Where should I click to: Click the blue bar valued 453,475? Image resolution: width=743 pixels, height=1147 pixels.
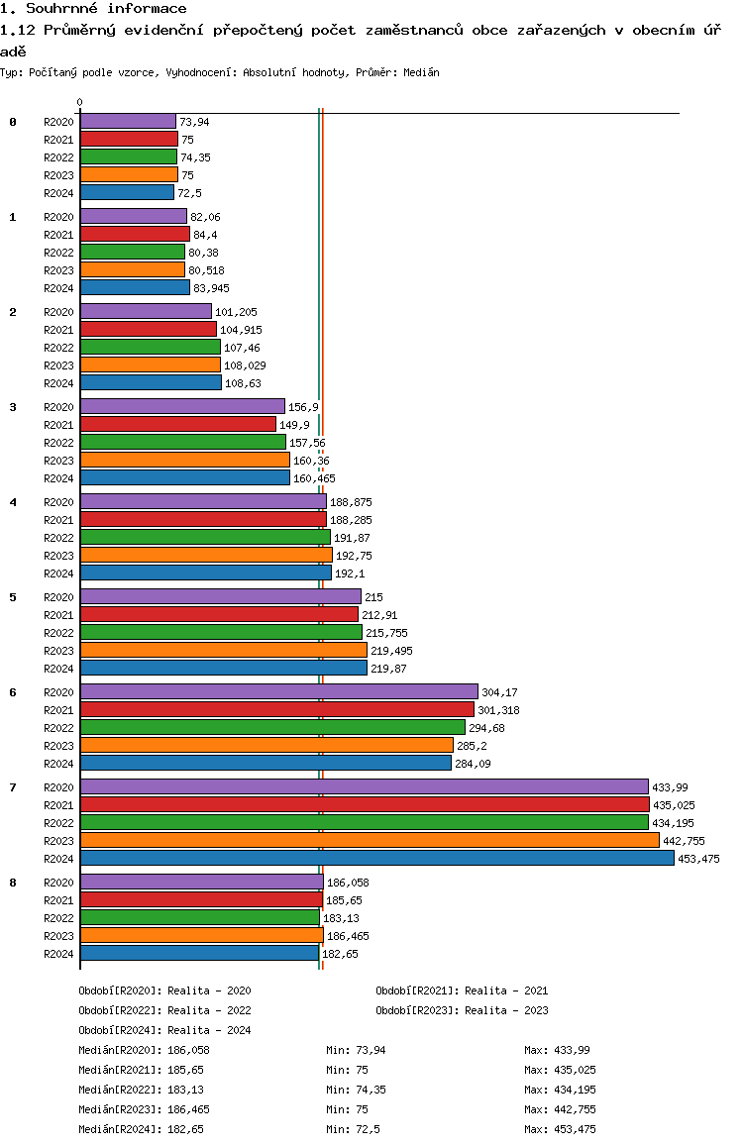(x=376, y=858)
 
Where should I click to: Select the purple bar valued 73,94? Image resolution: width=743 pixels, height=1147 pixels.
(x=128, y=121)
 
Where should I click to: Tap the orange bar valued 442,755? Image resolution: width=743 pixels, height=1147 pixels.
(x=370, y=840)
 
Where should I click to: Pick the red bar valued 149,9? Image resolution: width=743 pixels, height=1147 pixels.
(x=177, y=424)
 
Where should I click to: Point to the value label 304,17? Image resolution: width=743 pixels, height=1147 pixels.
(x=500, y=692)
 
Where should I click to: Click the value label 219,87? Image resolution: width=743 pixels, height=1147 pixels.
(x=390, y=669)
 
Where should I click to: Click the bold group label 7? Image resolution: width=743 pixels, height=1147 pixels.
(x=13, y=787)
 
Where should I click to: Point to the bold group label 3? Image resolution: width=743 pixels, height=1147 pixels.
(x=13, y=407)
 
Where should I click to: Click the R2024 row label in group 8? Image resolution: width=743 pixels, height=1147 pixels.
(x=59, y=954)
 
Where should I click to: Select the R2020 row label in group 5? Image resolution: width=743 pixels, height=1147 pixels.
(x=59, y=597)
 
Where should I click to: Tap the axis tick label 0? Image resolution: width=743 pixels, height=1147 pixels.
(x=80, y=102)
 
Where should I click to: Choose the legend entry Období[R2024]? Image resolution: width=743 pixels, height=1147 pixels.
(x=120, y=1030)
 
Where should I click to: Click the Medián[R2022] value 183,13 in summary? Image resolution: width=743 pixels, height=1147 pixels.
(x=189, y=1090)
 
